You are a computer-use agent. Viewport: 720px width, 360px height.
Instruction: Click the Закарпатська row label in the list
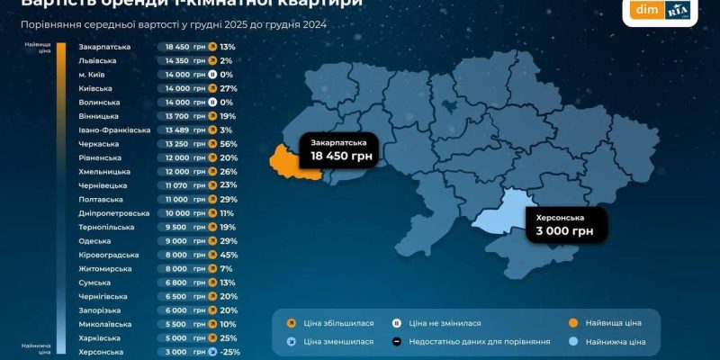[x=105, y=46]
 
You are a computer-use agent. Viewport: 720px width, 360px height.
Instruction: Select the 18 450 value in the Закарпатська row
[x=177, y=46]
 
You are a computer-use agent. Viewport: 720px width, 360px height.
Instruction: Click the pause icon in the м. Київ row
[x=211, y=75]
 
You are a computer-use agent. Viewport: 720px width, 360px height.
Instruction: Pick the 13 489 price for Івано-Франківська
[x=177, y=130]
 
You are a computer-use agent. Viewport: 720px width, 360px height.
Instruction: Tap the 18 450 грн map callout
[x=340, y=150]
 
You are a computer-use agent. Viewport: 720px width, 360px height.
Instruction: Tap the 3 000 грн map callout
[x=563, y=225]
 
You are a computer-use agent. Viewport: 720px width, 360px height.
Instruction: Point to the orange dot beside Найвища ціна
[x=573, y=322]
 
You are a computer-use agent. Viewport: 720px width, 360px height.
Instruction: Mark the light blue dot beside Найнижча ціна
[x=573, y=341]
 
